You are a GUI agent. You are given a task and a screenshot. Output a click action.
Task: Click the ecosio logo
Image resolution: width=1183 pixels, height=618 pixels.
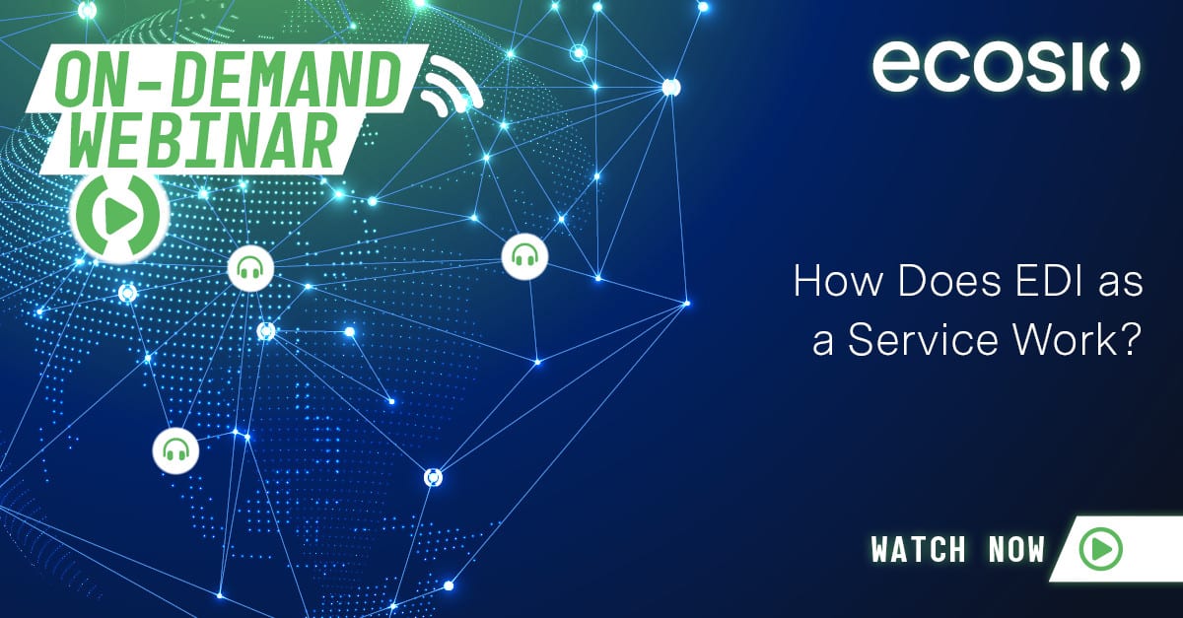point(1006,67)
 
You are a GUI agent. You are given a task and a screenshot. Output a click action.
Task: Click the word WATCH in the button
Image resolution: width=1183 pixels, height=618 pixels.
point(919,549)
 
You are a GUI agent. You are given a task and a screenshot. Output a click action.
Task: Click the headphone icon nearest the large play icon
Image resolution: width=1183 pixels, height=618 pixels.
point(250,266)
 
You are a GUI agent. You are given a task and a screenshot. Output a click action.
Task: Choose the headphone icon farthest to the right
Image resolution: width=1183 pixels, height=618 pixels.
point(524,256)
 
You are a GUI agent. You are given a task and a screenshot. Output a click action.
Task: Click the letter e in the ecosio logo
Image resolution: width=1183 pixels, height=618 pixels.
point(896,67)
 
